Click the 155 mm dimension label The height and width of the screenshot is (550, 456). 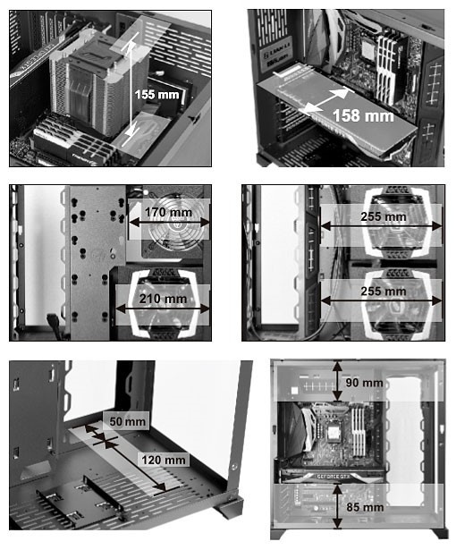click(156, 95)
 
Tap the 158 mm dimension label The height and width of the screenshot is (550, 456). click(363, 115)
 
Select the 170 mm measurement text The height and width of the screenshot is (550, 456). click(168, 212)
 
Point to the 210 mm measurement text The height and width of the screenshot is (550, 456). click(163, 299)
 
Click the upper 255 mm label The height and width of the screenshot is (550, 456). click(384, 216)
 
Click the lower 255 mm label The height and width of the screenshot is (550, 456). click(384, 292)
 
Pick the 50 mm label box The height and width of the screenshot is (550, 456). click(127, 421)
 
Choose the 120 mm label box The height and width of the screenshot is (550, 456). click(164, 460)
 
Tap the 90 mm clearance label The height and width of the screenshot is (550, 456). click(364, 383)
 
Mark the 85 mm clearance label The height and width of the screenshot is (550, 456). click(365, 507)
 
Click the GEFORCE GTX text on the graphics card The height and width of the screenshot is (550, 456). click(333, 477)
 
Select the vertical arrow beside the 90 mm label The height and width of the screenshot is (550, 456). click(337, 381)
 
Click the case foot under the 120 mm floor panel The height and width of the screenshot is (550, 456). click(230, 508)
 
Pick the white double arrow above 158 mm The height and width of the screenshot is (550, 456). click(326, 101)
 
